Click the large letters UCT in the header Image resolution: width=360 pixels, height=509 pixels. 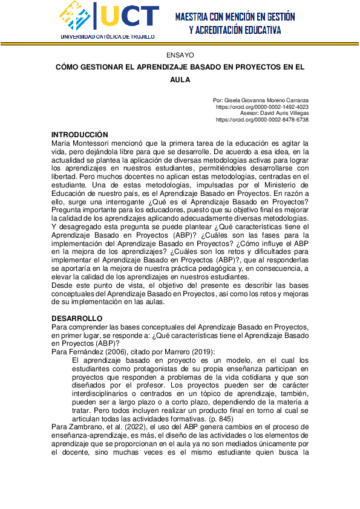129,17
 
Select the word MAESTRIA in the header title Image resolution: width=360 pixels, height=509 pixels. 195,17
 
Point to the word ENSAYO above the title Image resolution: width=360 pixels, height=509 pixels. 180,54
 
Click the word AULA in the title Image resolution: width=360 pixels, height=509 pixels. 180,79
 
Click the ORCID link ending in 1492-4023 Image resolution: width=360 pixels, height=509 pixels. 262,106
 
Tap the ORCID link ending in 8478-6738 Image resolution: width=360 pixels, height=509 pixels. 262,120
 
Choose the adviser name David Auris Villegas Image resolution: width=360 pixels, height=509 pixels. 283,113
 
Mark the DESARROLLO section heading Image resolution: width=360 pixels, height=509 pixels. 77,319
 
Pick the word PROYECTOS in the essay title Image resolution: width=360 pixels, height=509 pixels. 249,67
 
